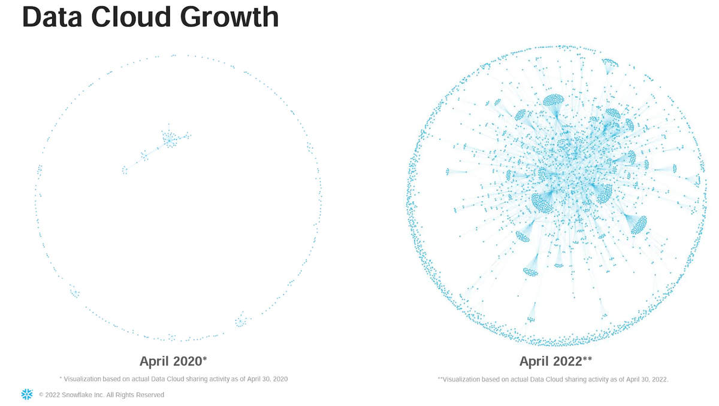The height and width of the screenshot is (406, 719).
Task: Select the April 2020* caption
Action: [x=173, y=361]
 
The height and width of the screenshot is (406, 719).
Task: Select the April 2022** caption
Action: [x=556, y=361]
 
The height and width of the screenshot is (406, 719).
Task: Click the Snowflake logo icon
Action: [x=26, y=394]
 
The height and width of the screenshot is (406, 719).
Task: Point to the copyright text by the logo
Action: [x=101, y=395]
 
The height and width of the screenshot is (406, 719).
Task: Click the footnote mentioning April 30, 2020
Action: [x=174, y=378]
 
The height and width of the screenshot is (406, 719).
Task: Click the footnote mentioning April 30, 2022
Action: [x=553, y=379]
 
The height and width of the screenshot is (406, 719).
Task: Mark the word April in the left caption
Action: [x=153, y=361]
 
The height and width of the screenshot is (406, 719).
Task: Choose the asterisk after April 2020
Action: [x=205, y=359]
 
